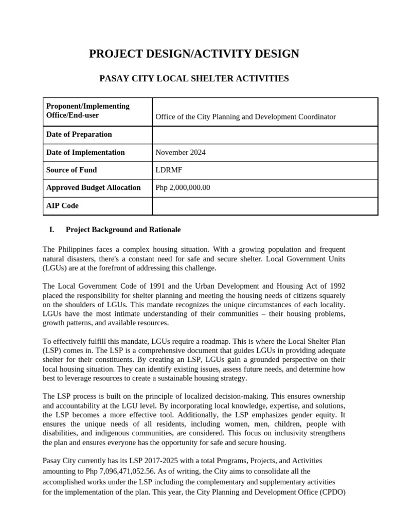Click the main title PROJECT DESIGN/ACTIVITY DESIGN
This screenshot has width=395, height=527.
194,54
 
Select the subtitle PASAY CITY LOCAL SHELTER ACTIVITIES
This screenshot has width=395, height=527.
194,79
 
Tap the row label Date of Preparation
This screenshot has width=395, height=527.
79,134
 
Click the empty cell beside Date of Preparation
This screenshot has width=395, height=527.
265,135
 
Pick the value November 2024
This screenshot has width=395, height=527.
180,152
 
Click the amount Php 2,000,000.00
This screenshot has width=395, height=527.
183,188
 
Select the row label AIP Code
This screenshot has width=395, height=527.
62,205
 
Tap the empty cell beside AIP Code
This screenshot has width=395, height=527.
265,206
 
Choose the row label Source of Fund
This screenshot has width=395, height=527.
71,170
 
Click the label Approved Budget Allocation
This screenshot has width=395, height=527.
93,188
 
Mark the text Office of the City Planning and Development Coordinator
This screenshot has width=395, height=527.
245,117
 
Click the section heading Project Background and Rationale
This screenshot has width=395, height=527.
123,230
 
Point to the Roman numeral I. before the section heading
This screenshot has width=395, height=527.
51,230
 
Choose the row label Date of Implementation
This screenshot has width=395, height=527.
85,152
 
